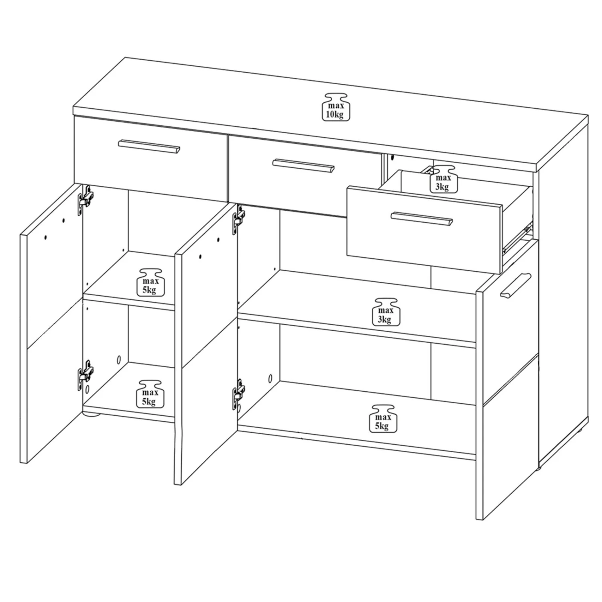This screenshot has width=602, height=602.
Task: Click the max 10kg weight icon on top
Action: pos(336,107)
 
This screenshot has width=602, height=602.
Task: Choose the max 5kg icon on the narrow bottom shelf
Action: pos(148,394)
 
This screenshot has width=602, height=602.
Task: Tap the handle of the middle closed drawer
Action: pos(303,165)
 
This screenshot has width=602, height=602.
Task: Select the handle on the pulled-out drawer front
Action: pos(421,219)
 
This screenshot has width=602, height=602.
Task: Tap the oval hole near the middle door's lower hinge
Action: pos(270,378)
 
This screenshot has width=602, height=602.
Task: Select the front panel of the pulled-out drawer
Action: pos(423,233)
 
